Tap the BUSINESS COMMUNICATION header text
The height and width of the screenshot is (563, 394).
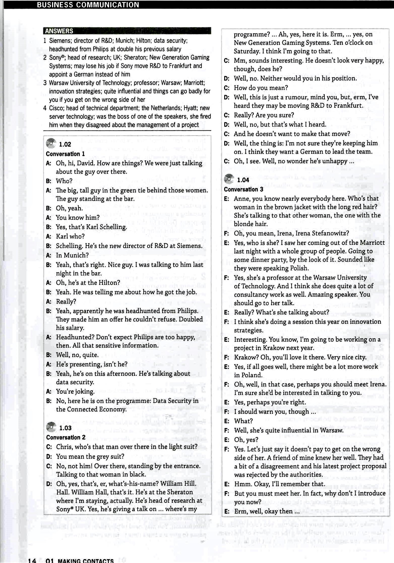[x=88, y=5]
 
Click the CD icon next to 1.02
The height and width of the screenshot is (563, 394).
[x=51, y=143]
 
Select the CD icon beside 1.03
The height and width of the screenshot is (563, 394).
[x=51, y=427]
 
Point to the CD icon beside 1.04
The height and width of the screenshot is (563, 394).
[x=229, y=179]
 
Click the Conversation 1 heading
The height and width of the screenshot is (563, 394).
[x=65, y=154]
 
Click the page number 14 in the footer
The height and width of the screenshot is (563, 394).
[x=32, y=560]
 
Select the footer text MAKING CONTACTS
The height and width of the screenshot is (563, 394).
[x=86, y=560]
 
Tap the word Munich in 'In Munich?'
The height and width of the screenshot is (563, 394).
[x=76, y=255]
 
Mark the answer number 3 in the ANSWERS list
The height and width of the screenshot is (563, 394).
[x=45, y=83]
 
